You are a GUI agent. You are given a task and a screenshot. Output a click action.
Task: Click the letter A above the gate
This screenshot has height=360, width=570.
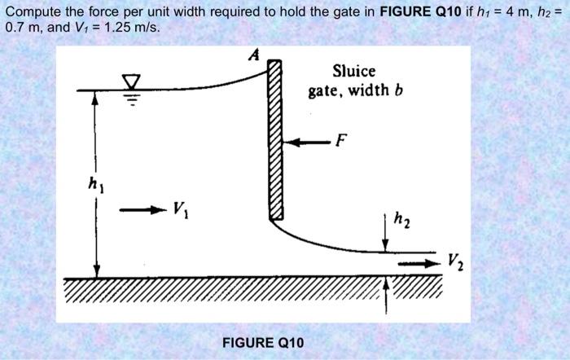[253, 55]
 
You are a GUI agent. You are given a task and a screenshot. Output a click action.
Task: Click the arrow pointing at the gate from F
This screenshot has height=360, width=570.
[307, 142]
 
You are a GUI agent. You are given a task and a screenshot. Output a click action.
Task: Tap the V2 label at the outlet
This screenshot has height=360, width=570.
[456, 263]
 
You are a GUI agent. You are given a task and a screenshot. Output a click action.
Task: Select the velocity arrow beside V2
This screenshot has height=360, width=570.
[417, 263]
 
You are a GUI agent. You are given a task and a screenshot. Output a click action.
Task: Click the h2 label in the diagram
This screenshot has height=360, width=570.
[401, 218]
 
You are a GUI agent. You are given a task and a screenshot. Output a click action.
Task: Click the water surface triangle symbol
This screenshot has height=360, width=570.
[131, 81]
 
